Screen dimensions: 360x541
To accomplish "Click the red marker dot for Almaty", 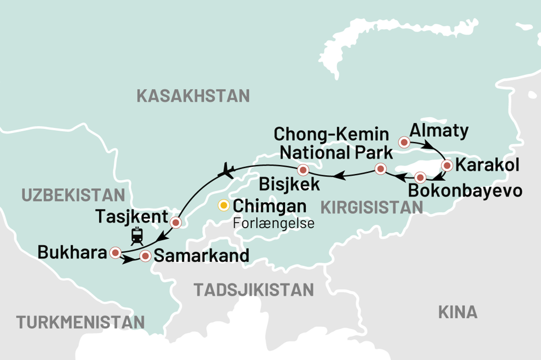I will pos(403,142).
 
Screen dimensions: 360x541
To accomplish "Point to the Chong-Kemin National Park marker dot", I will pos(380,168).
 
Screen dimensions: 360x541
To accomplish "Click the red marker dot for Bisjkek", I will pos(303,170).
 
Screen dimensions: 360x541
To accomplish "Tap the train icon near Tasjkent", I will pos(136,235).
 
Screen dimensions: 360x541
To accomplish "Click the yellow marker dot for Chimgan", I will pos(224,206).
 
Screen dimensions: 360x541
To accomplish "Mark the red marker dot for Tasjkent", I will pos(175,222).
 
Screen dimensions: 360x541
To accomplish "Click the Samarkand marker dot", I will pos(145,256).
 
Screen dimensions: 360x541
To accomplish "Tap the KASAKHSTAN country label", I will pos(193,96).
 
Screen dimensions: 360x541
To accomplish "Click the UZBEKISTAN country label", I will pos(73,195).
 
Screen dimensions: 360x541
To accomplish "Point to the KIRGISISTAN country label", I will pos(371,207).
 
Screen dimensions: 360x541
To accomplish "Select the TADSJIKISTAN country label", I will pos(254,290).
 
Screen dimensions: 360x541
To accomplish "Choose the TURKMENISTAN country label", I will pos(80,322).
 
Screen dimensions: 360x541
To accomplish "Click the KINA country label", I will pos(457,312).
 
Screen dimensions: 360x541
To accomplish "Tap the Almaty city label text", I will pos(439,131).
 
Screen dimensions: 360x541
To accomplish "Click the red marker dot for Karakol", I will pos(447,166).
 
